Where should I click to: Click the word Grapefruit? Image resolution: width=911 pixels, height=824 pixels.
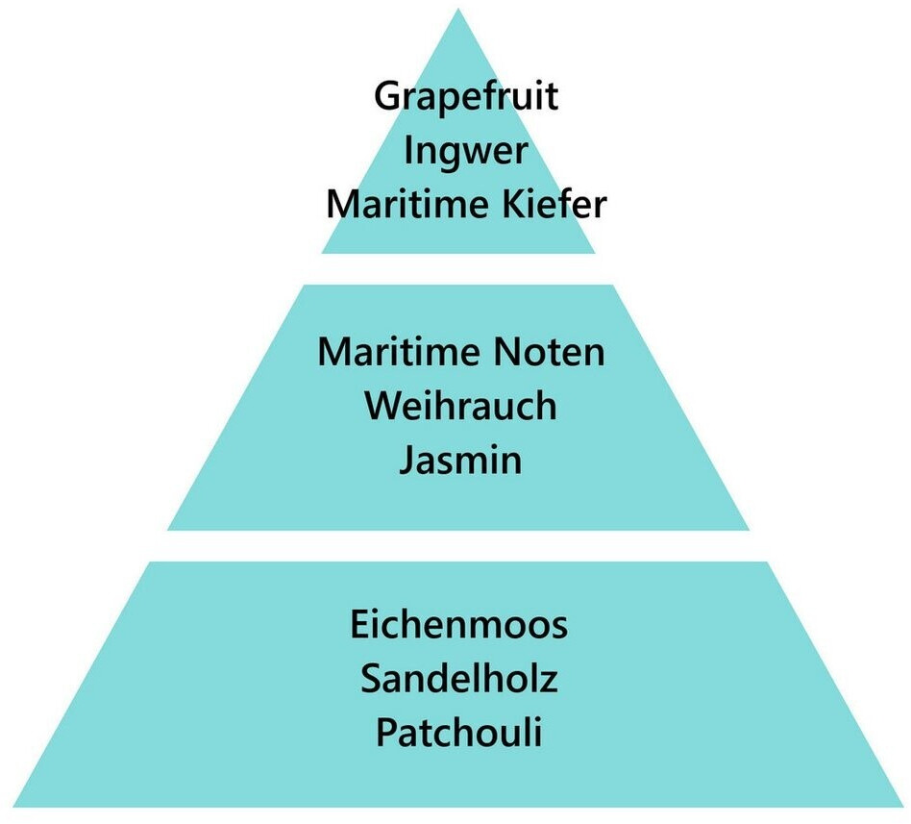(466, 98)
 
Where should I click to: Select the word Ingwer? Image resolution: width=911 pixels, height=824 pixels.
(466, 153)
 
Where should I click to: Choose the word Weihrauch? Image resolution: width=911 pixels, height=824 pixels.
(460, 406)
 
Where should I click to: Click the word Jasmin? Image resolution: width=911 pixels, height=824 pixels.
(460, 460)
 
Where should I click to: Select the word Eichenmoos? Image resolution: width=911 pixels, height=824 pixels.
(458, 626)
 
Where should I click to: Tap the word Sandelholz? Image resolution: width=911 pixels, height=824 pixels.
(458, 680)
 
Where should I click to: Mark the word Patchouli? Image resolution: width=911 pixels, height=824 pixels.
(458, 734)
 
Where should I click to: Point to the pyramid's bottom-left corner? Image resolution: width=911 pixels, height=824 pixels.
(5, 806)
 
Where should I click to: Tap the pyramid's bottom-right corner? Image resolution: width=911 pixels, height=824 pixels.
(906, 806)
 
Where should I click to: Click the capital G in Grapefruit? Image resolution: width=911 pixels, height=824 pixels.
(387, 97)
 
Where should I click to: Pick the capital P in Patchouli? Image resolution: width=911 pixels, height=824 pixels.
(385, 734)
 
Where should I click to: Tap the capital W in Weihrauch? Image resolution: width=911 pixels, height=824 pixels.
(382, 406)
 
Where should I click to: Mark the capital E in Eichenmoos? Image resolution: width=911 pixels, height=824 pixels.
(359, 626)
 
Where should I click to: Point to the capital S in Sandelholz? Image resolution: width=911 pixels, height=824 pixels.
(372, 680)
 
